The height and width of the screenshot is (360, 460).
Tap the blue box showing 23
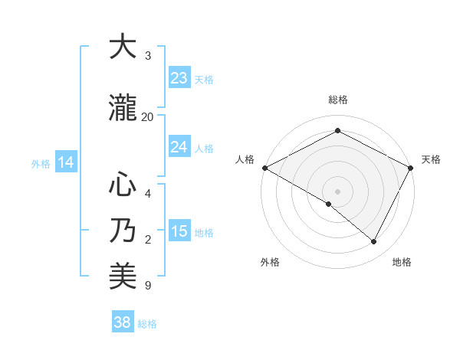pyautogui.click(x=179, y=78)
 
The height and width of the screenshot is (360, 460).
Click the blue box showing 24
pyautogui.click(x=179, y=147)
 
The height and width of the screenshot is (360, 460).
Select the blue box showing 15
pyautogui.click(x=179, y=231)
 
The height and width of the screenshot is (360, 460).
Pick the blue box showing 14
pyautogui.click(x=66, y=162)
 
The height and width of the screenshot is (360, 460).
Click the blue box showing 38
pyautogui.click(x=123, y=323)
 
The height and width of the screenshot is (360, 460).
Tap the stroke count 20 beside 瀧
pyautogui.click(x=148, y=116)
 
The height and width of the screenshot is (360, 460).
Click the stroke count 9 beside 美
pyautogui.click(x=148, y=286)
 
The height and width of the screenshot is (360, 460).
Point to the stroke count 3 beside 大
pyautogui.click(x=148, y=56)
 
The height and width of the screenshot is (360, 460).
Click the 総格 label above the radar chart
pyautogui.click(x=338, y=100)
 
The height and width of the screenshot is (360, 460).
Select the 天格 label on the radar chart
pyautogui.click(x=431, y=159)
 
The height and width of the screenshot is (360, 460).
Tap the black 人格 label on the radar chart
pyautogui.click(x=245, y=159)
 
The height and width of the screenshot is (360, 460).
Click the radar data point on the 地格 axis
pyautogui.click(x=374, y=242)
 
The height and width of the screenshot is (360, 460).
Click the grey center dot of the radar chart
pyautogui.click(x=338, y=191)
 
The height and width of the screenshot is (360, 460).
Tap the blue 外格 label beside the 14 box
pyautogui.click(x=41, y=163)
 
